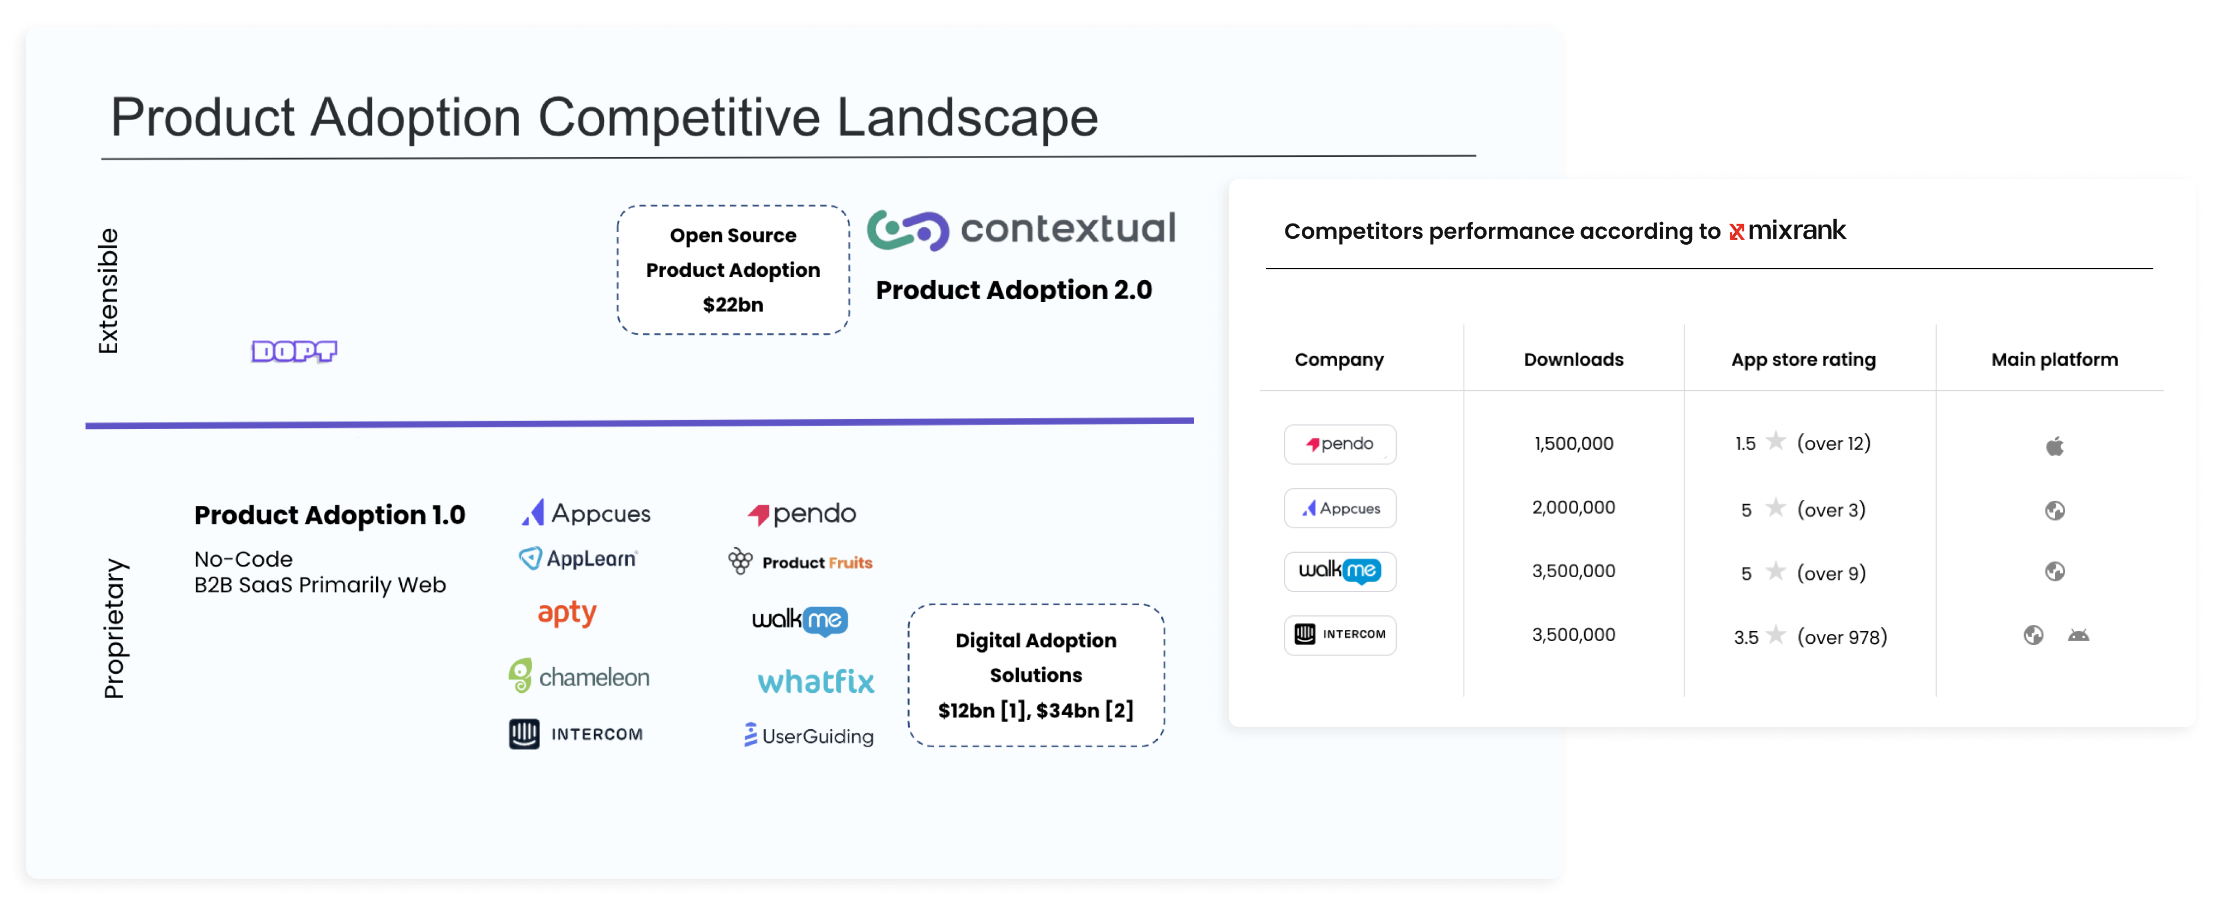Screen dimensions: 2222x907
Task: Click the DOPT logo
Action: point(294,351)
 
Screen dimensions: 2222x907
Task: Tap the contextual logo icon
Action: point(908,230)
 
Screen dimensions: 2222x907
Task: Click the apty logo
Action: point(567,613)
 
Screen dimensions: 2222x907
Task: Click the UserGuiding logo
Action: point(809,735)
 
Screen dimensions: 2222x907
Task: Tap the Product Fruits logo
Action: point(800,561)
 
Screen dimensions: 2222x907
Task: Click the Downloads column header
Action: point(1573,360)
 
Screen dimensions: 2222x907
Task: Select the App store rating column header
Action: point(1803,360)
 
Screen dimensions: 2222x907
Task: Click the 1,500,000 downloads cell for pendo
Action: point(1573,443)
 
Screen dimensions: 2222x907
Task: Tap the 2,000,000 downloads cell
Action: point(1573,507)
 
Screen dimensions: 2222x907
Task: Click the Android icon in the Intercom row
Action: point(2078,636)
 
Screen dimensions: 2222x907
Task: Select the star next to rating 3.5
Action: point(1775,636)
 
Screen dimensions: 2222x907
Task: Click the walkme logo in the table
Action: point(1339,571)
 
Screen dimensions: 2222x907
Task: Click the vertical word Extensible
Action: point(108,291)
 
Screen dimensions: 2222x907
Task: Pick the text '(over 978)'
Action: point(1841,637)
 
